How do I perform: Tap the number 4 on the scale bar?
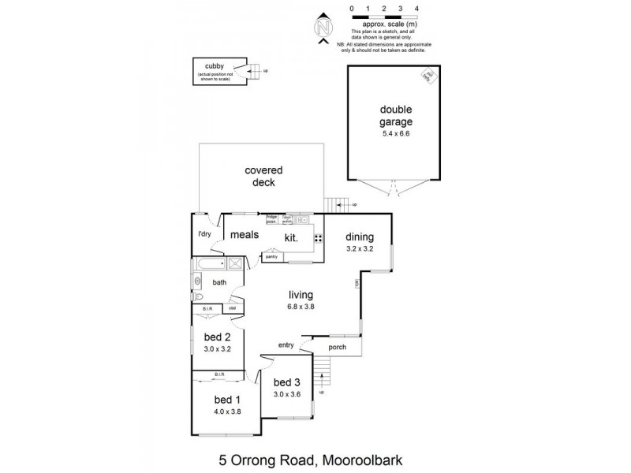(x=416, y=8)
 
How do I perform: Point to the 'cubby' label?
(x=215, y=66)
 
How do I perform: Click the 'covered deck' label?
(x=263, y=177)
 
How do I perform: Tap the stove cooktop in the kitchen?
(x=319, y=238)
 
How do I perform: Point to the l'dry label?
(x=204, y=234)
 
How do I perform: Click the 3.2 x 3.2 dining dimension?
(x=359, y=249)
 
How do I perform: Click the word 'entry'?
(x=286, y=345)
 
